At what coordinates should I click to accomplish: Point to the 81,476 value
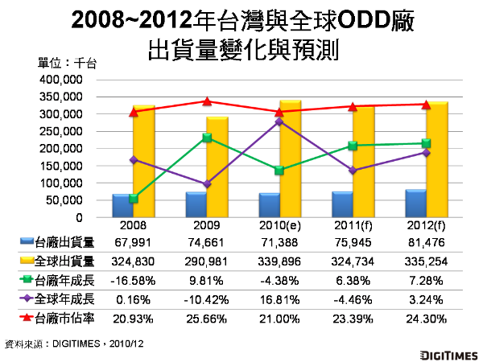tap(427, 242)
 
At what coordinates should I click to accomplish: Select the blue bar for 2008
tap(122, 206)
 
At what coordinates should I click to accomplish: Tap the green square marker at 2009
tap(207, 138)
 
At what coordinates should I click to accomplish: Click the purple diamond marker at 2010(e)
tap(279, 122)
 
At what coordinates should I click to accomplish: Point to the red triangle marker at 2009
tap(207, 101)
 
